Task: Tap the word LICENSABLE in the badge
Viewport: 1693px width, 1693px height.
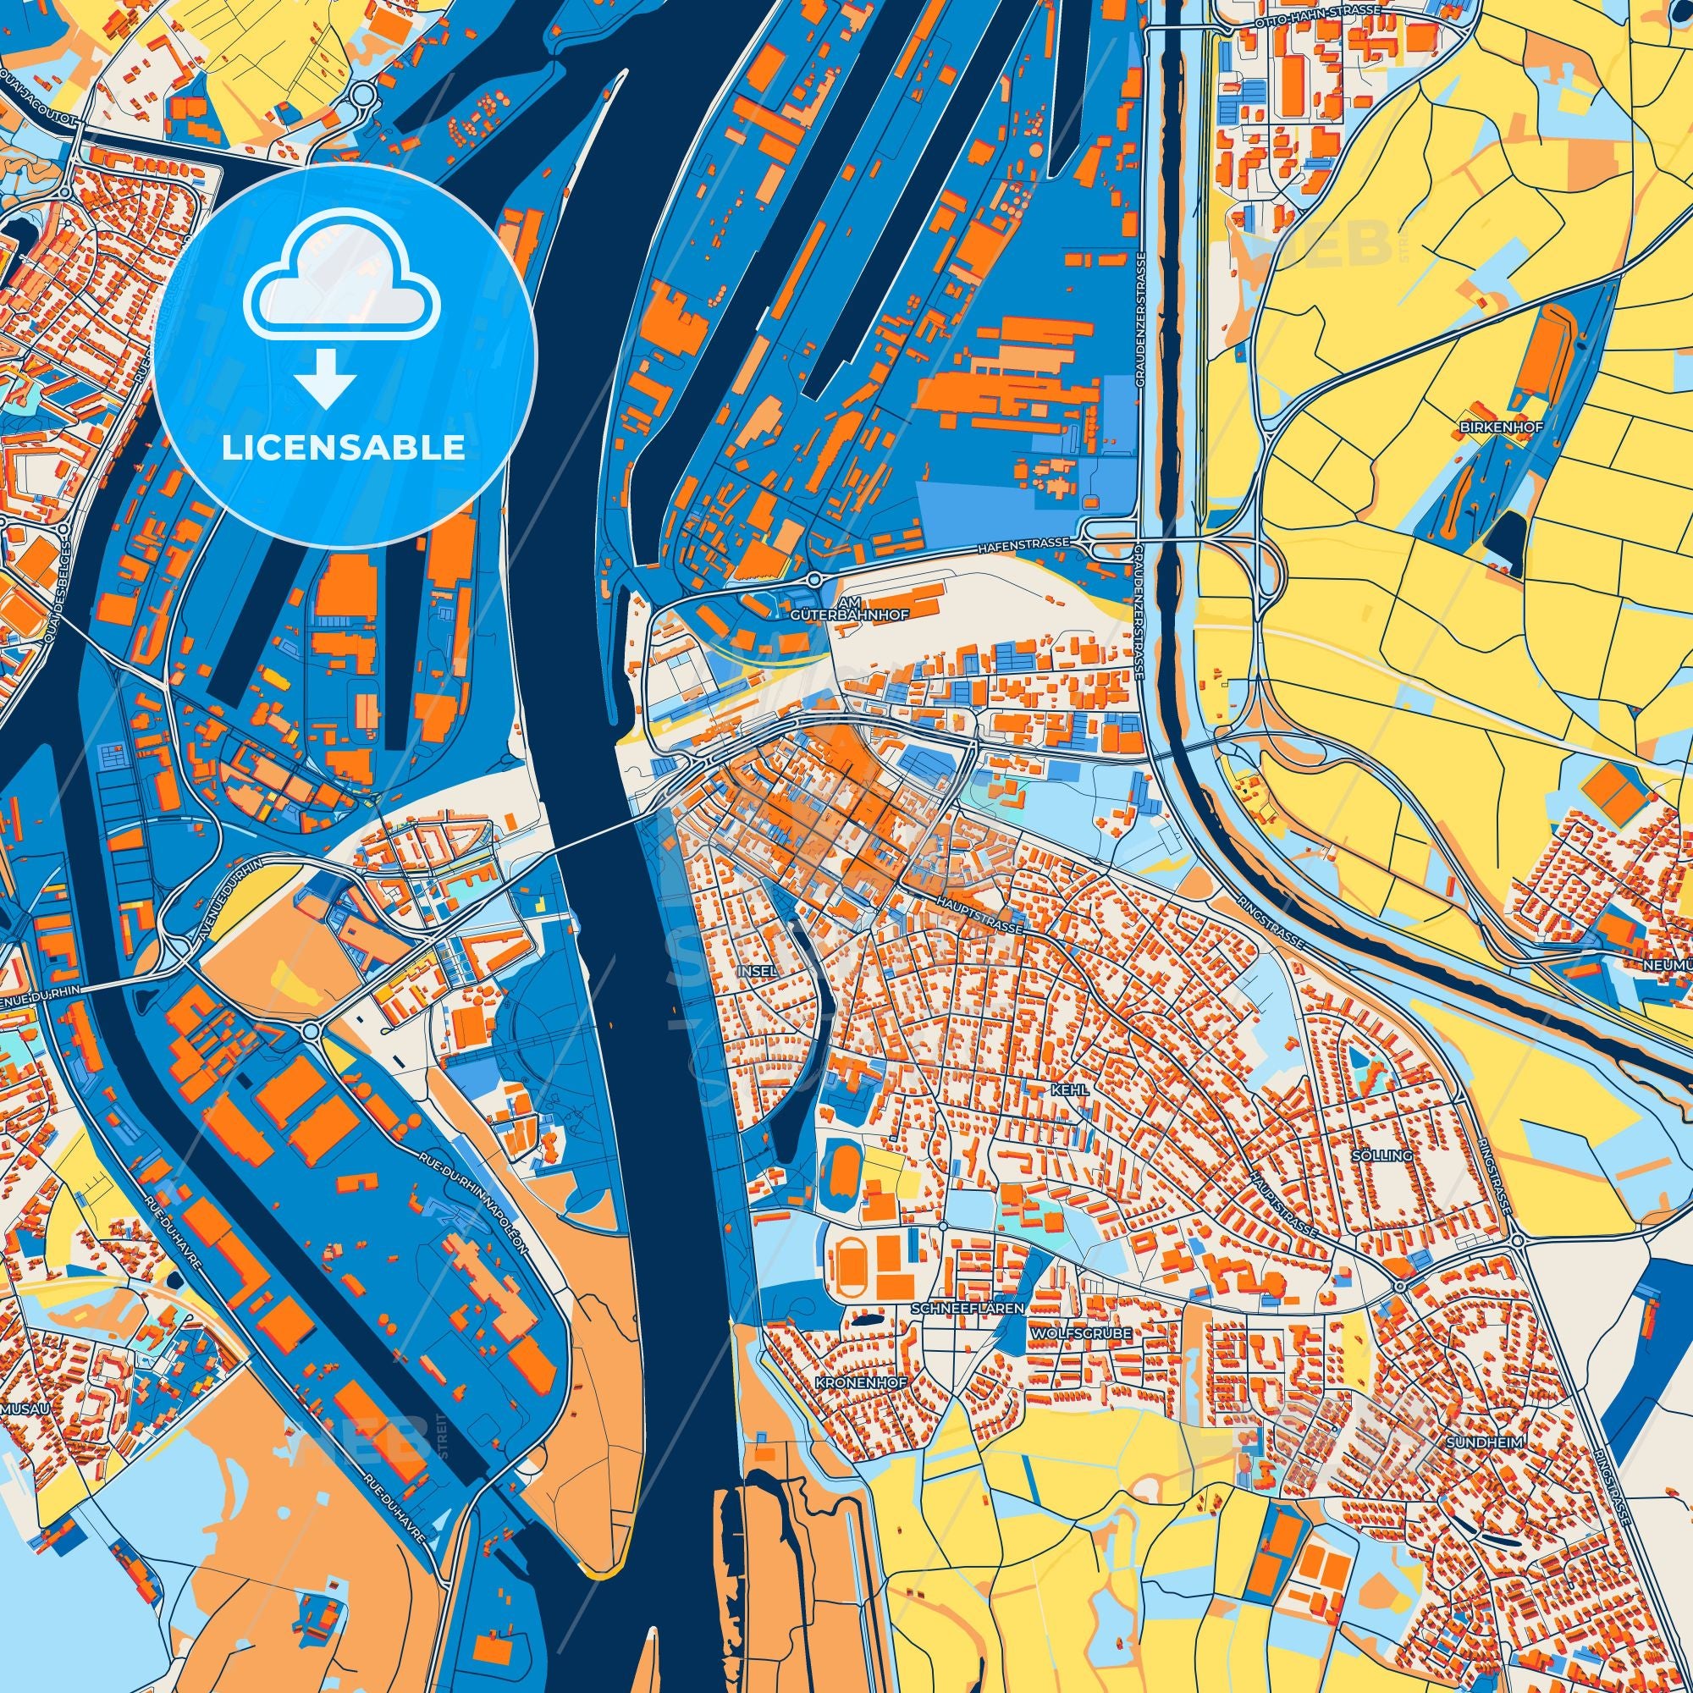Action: [343, 448]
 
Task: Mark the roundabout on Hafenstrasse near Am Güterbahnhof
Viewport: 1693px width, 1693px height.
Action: [814, 579]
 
